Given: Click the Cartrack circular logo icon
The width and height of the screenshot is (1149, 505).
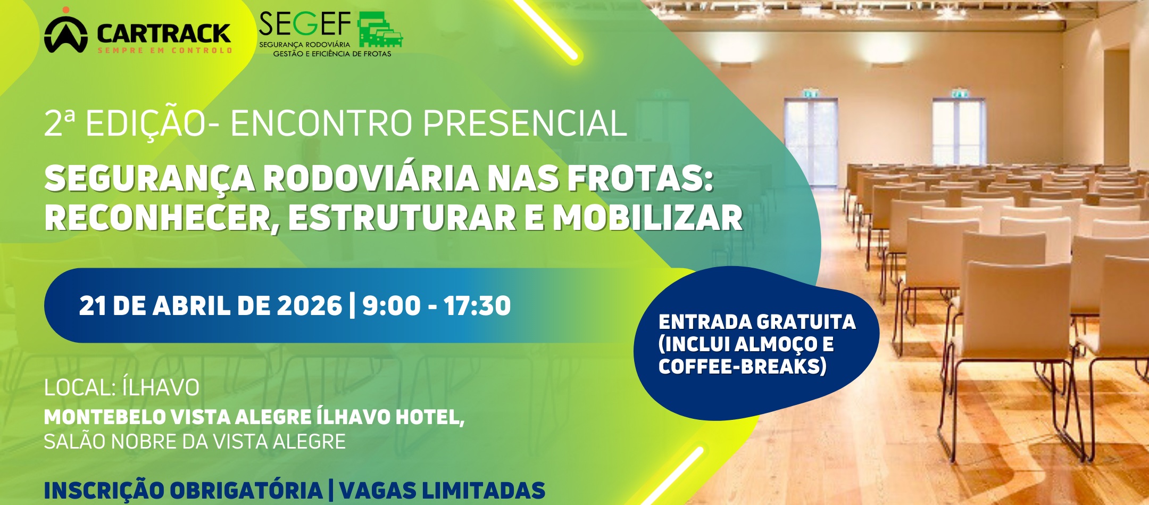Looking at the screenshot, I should (65, 33).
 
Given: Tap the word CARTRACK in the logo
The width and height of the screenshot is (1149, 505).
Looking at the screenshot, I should (164, 34).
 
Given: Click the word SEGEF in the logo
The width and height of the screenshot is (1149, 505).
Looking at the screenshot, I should (305, 24).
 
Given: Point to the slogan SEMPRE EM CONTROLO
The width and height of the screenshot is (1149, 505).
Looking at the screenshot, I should (165, 51).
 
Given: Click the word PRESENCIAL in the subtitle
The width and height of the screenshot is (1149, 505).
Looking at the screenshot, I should (524, 123).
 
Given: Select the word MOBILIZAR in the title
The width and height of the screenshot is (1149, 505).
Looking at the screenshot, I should (647, 218).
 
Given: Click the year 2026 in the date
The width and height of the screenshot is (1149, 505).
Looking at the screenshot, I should (310, 305).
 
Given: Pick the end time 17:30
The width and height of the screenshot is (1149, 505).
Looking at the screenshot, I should (477, 305).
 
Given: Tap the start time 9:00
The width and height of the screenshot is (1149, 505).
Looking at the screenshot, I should (392, 305).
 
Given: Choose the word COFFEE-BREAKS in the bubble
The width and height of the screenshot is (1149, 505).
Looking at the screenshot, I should (742, 366).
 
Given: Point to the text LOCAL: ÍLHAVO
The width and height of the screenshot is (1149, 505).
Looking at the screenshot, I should (122, 387).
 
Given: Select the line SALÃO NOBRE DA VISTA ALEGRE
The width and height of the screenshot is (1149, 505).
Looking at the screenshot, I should (195, 442).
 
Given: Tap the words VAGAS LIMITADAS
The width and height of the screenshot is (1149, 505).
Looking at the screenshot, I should (442, 490).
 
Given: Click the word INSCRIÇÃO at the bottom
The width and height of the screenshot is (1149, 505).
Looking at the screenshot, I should (103, 490).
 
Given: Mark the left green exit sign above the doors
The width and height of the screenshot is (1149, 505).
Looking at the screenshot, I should (810, 94).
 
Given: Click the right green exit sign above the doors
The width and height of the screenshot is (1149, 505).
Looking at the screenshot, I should (959, 94).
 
